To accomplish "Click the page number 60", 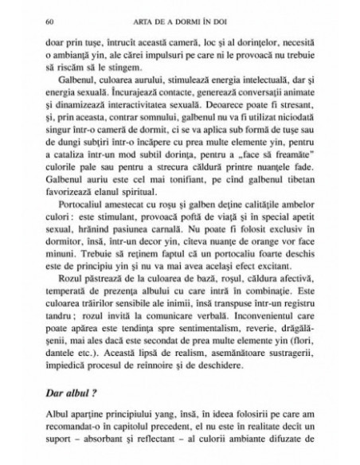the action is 51,17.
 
